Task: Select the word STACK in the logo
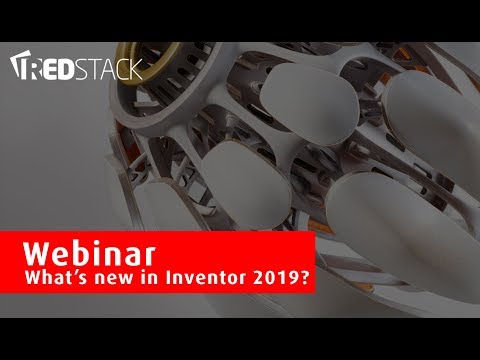112,69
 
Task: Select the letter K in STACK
135,69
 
